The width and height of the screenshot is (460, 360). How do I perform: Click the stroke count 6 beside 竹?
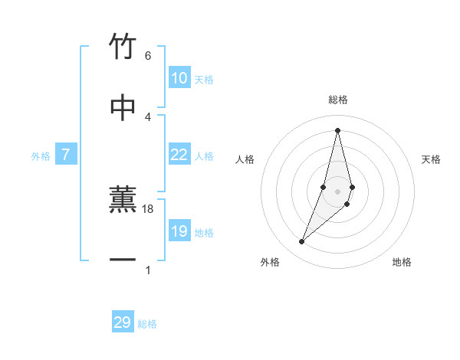148,56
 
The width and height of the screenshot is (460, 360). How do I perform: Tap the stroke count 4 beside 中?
148,116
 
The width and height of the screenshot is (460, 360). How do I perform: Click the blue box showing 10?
179,78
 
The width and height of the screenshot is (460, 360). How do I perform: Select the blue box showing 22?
179,155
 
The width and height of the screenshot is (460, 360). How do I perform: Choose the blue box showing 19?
179,231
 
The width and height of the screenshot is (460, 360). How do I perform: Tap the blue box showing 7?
66,155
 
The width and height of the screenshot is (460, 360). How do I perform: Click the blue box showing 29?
123,322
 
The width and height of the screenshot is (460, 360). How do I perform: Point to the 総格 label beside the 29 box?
148,324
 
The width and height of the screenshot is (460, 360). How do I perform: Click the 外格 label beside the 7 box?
41,156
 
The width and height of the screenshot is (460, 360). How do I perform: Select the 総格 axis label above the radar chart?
338,100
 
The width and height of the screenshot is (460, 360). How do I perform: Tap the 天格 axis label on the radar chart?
432,159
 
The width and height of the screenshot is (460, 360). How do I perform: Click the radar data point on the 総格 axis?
338,129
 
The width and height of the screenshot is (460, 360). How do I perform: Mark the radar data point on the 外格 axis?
302,242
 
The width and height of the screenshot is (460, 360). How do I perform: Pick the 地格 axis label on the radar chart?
402,262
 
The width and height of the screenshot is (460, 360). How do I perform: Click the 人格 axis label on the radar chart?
245,159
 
